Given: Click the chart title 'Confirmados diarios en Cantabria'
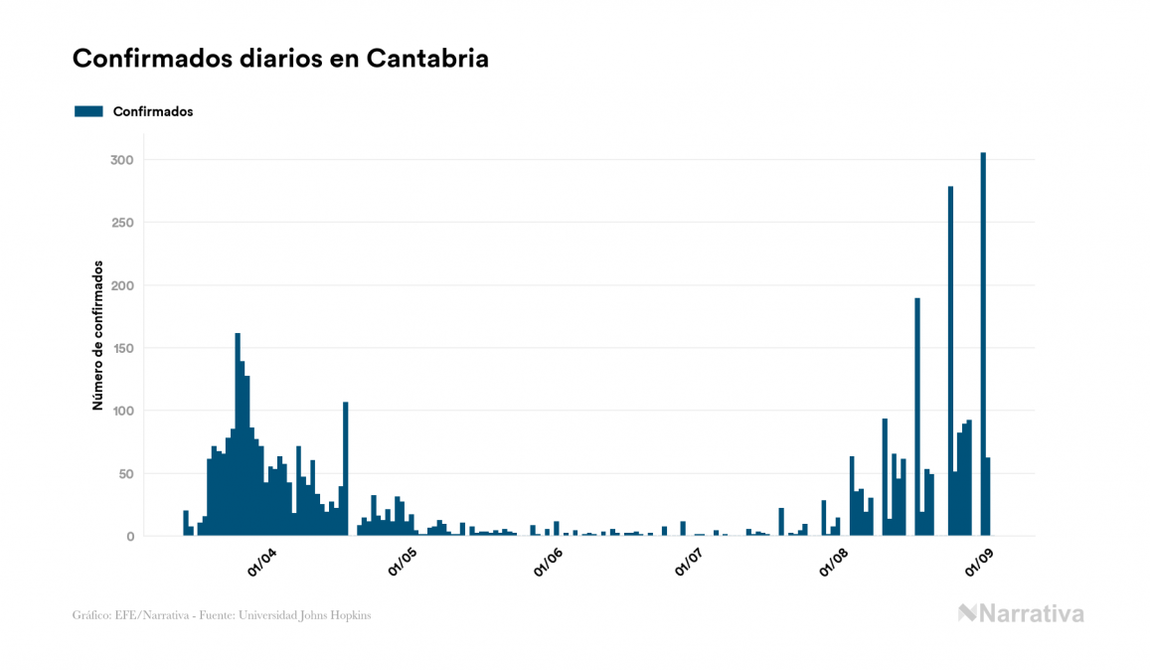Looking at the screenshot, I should click(x=280, y=59).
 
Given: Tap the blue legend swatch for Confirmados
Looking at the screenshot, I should click(x=88, y=111).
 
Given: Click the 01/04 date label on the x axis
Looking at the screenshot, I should click(x=262, y=563).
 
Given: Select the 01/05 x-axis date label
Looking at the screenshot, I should click(x=403, y=563).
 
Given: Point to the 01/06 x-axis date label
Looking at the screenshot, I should click(x=548, y=563).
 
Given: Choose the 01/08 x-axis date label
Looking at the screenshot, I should click(x=833, y=563).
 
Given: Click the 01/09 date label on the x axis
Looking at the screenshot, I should click(x=978, y=563).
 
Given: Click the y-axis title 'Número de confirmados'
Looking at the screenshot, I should click(x=97, y=335).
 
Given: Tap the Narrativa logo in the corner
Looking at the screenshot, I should click(x=1020, y=613).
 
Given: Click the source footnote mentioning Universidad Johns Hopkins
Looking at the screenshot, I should click(x=222, y=615).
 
